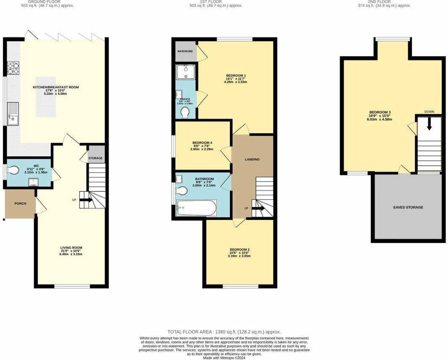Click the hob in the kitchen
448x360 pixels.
pos(13,67)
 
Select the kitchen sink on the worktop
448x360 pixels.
pos(13,114)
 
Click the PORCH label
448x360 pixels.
pos(20,204)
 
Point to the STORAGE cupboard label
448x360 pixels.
pos(95,158)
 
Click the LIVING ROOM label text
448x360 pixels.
pos(71,248)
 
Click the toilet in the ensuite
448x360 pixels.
pos(185,112)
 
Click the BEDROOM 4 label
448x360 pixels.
pos(202,143)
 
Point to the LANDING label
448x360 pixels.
pos(252,159)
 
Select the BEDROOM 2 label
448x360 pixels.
pos(239,249)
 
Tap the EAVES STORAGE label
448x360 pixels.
pos(408,207)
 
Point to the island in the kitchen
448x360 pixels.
pos(46,97)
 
